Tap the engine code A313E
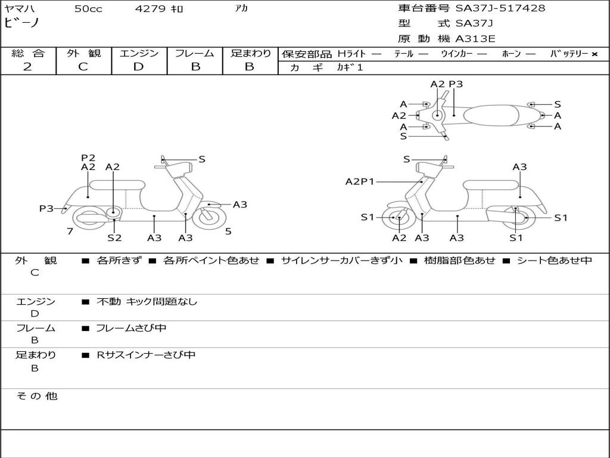(475, 39)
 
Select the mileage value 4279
(150, 9)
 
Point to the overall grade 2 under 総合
(27, 67)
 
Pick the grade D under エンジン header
(138, 67)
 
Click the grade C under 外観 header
(83, 67)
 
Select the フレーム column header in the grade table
(194, 53)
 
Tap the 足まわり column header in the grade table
(250, 53)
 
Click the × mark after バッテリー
(595, 54)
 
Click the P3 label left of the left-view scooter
(46, 208)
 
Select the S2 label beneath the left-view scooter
(114, 237)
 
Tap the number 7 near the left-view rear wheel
(70, 231)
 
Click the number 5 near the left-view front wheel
(228, 231)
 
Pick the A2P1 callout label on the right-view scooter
(360, 181)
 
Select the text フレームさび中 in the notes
(131, 328)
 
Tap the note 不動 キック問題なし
(147, 301)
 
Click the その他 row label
(36, 396)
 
